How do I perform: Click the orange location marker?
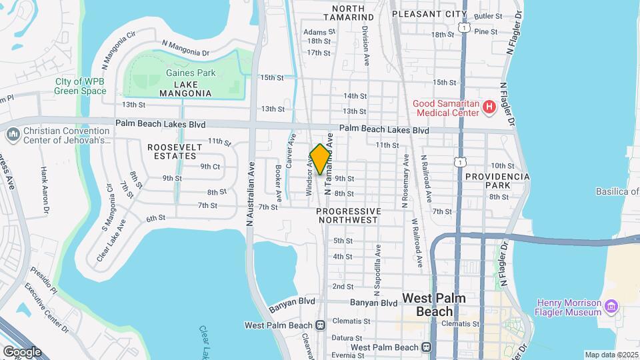[320, 159]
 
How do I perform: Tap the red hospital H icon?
[489, 106]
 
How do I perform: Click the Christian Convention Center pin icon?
[13, 135]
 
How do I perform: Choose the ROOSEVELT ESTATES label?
[172, 151]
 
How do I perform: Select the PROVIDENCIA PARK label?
[497, 181]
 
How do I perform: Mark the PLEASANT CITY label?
[429, 13]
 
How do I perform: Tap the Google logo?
[22, 351]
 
